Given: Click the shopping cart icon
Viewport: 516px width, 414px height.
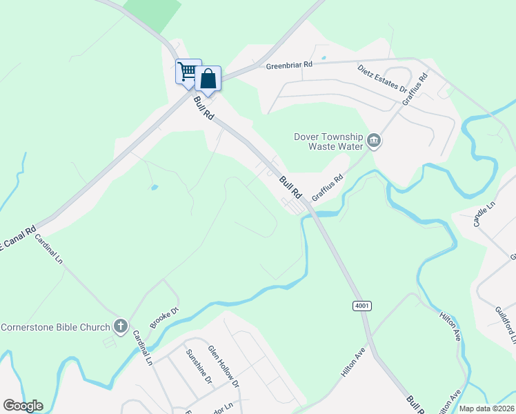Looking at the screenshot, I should [x=187, y=71].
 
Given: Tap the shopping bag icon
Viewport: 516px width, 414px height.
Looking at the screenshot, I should [x=208, y=79].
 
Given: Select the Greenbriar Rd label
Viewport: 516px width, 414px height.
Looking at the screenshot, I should [x=289, y=66].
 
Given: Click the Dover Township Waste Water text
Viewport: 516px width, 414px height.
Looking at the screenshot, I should [x=328, y=141].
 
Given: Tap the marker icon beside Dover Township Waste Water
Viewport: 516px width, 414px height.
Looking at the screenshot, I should [x=374, y=141].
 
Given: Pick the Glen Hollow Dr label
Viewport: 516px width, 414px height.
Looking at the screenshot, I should [x=224, y=365].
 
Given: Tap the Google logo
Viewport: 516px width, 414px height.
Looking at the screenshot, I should [x=23, y=406].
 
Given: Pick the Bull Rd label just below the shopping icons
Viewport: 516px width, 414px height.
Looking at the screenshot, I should [x=204, y=108].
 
